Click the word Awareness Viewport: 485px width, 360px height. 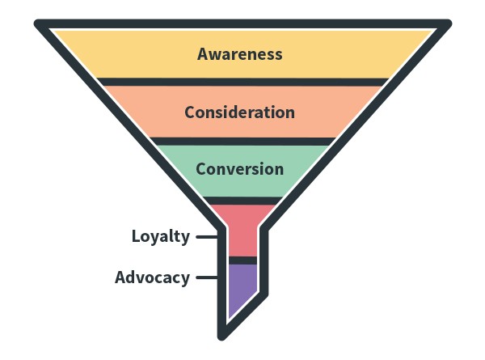click(x=240, y=54)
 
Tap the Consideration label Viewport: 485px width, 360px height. click(x=239, y=112)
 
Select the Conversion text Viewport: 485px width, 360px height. click(x=239, y=169)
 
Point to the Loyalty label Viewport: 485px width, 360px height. click(x=160, y=236)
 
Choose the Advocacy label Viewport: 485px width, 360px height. click(x=152, y=277)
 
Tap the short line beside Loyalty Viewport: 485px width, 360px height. click(x=207, y=237)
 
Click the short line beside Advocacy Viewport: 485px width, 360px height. click(x=207, y=277)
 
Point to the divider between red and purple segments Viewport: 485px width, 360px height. click(x=242, y=260)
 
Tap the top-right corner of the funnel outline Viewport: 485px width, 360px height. click(x=445, y=24)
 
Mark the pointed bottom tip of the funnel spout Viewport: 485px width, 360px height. click(x=222, y=335)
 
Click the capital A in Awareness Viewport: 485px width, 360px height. click(x=203, y=54)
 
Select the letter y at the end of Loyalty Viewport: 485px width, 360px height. click(x=185, y=238)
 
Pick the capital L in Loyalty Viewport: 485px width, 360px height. click(x=137, y=236)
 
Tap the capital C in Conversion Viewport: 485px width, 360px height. click(x=201, y=169)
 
